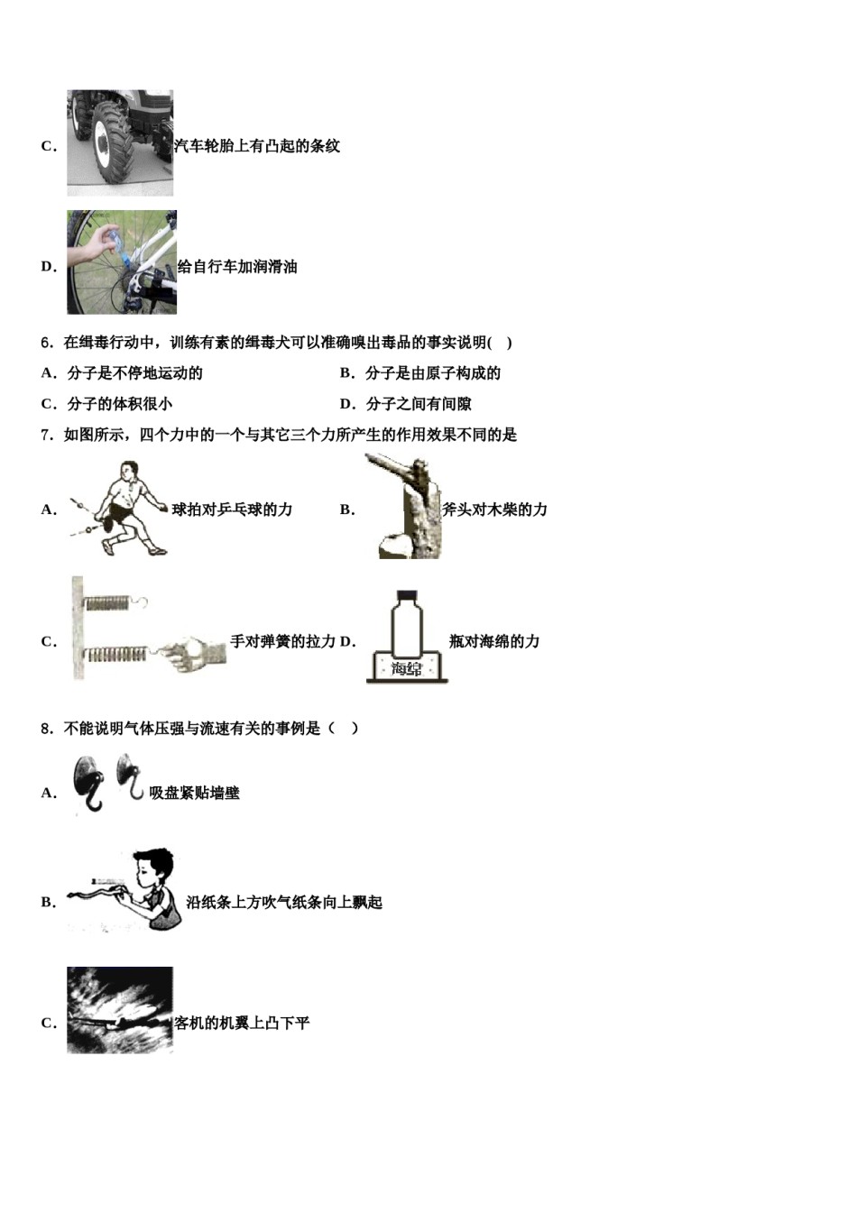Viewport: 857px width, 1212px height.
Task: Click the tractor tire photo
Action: click(120, 142)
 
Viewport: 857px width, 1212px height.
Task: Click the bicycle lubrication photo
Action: click(122, 262)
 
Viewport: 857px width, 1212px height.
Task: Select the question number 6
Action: click(48, 343)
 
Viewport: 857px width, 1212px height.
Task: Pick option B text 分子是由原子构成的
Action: click(432, 373)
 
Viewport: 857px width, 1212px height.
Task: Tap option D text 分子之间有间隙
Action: click(418, 404)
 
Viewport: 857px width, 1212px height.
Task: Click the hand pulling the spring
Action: click(190, 650)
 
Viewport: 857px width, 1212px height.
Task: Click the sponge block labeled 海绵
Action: click(407, 667)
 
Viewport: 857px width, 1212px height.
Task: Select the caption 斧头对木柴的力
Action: click(494, 510)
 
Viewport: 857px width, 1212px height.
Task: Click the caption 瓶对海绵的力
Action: click(494, 641)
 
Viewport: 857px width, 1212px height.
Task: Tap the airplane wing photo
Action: click(120, 1010)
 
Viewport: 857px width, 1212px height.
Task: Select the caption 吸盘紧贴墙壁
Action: click(195, 794)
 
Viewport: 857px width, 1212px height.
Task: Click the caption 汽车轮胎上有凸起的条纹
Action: click(257, 146)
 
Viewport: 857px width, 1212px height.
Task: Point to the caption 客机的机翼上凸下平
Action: click(243, 1024)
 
